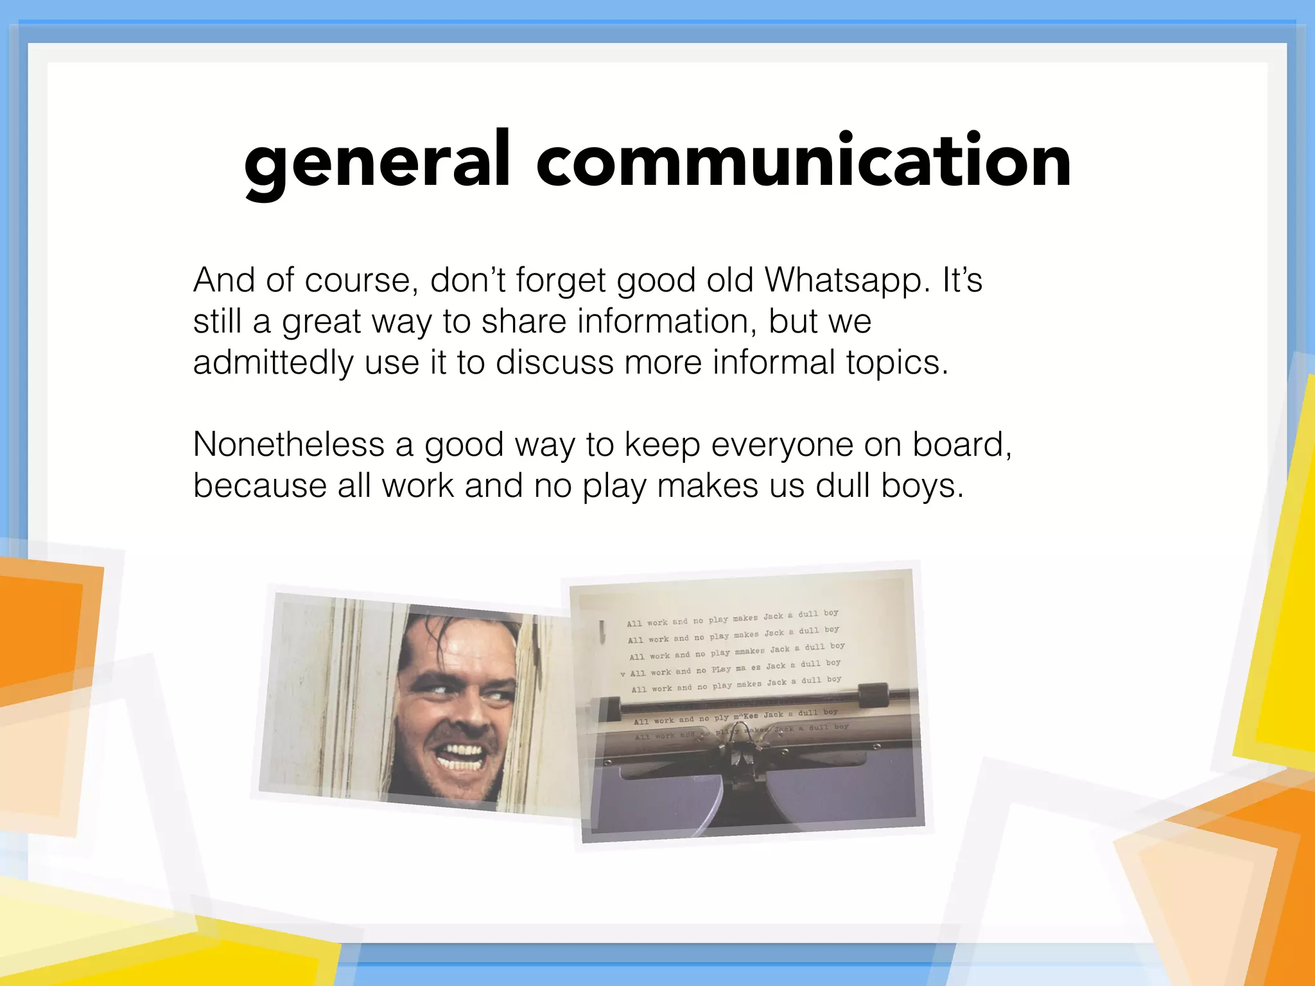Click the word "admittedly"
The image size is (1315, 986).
pyautogui.click(x=273, y=363)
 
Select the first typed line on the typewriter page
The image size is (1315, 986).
pyautogui.click(x=733, y=618)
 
